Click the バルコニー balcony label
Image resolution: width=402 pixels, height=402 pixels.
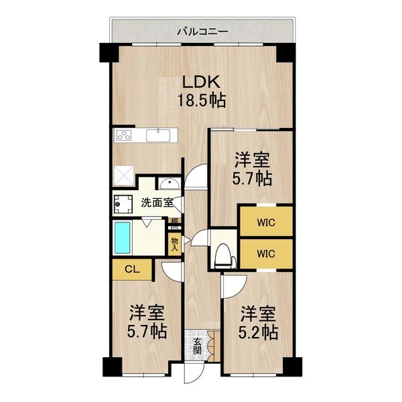(203, 31)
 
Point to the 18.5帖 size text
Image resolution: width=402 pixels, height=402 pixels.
(200, 101)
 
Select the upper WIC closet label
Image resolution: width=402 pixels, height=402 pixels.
(266, 220)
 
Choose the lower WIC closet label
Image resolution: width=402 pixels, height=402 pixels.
(266, 253)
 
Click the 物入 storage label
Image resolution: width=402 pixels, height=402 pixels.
(174, 243)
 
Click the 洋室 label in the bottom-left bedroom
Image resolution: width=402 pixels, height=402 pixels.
(147, 312)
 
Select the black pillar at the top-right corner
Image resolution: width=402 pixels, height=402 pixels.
(286, 52)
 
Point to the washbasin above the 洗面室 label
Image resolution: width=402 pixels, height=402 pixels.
(167, 184)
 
